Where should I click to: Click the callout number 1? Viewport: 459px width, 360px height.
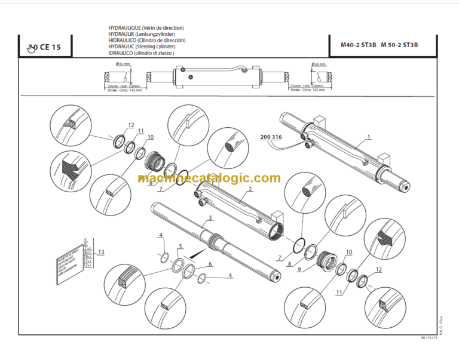369,137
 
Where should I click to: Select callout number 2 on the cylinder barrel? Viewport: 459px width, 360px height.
250,189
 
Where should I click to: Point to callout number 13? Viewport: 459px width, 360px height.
102,252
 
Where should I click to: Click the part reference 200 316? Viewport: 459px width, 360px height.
271,137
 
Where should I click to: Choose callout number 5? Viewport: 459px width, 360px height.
180,247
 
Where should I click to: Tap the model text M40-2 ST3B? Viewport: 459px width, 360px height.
359,45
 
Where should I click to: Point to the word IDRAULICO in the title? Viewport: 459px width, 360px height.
121,53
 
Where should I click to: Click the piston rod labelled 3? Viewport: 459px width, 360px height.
215,242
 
